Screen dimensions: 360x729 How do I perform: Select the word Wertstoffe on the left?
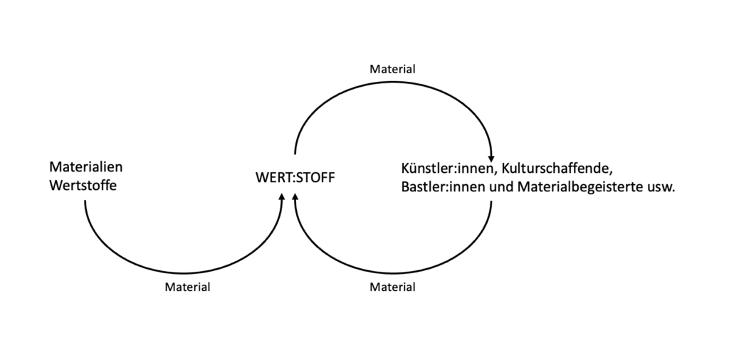tap(83, 187)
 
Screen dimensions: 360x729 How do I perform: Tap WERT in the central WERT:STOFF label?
tap(269, 177)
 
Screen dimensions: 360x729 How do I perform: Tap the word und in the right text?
tap(502, 189)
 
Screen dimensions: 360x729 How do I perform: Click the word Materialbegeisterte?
tap(581, 189)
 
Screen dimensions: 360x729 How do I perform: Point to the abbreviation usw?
tap(663, 190)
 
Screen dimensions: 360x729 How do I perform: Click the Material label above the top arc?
tap(392, 70)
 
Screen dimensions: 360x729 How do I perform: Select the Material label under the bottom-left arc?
tap(187, 287)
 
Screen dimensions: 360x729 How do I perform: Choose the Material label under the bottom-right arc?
tap(392, 287)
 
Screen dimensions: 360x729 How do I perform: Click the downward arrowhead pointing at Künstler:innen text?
tap(491, 157)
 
